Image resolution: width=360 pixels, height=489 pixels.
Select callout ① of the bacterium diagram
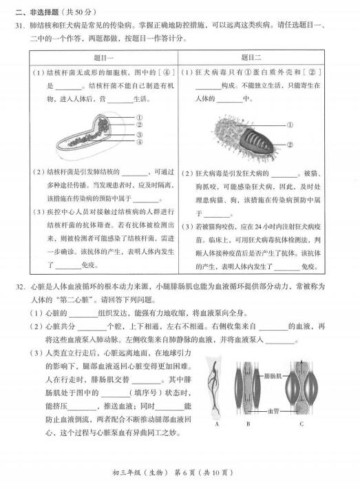tap(139, 117)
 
